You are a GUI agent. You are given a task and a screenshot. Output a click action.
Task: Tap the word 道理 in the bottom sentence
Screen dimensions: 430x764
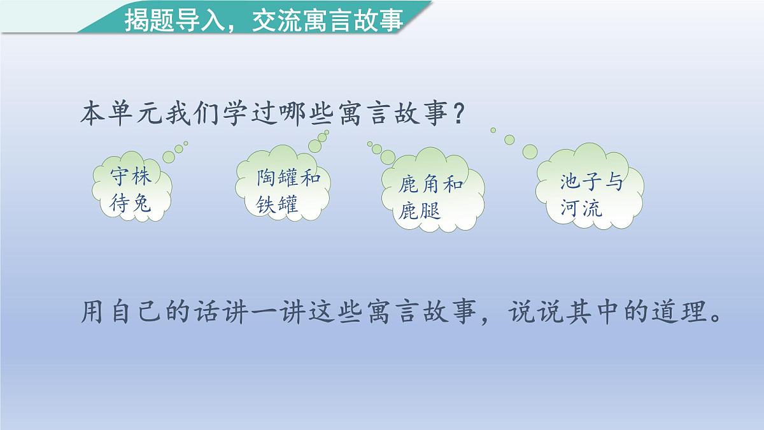[674, 312]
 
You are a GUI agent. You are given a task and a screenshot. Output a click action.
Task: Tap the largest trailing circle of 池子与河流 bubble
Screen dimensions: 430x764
[530, 151]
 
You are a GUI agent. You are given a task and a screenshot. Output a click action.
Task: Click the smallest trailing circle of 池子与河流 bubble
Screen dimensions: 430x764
[493, 130]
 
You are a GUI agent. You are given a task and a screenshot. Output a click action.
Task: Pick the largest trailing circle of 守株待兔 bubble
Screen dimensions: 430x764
[169, 155]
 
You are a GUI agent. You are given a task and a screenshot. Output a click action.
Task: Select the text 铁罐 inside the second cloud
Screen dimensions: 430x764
[278, 205]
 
